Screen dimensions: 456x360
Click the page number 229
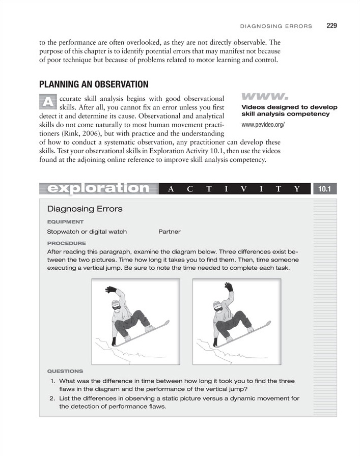pyautogui.click(x=331, y=25)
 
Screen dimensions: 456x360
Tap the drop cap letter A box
pyautogui.click(x=47, y=102)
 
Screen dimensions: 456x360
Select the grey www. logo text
pyautogui.click(x=264, y=96)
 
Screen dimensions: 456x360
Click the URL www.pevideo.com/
pyautogui.click(x=263, y=125)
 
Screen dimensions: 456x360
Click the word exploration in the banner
pyautogui.click(x=98, y=188)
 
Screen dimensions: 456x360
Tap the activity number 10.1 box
pyautogui.click(x=325, y=189)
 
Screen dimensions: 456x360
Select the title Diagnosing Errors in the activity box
pyautogui.click(x=85, y=209)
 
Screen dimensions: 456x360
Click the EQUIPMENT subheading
pyautogui.click(x=65, y=222)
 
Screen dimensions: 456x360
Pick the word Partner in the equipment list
pyautogui.click(x=170, y=232)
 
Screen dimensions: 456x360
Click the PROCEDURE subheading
pyautogui.click(x=66, y=243)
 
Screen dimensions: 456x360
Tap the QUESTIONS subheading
pyautogui.click(x=65, y=371)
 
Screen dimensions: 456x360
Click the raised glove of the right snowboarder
pyautogui.click(x=229, y=287)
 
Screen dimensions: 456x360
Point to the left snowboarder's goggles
pyautogui.click(x=117, y=307)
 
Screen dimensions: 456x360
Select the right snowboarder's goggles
pyautogui.click(x=218, y=307)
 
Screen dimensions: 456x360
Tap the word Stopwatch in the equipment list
pyautogui.click(x=64, y=232)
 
